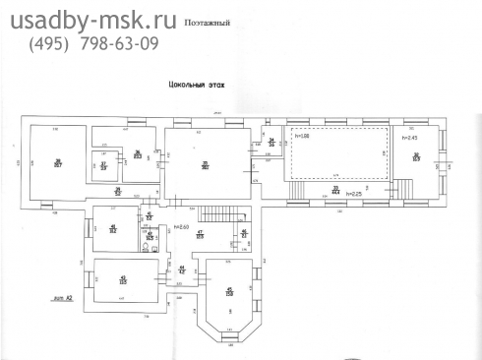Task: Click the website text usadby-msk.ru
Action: [94, 19]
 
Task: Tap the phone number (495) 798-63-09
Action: [94, 44]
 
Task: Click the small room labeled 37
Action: [103, 165]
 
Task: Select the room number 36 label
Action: [138, 153]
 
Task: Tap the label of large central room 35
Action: [205, 164]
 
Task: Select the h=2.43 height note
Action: [410, 138]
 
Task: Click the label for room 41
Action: [113, 229]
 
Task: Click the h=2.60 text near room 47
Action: [181, 228]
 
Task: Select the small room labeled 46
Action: [245, 233]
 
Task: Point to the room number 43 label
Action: [123, 278]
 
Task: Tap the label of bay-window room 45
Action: [229, 291]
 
